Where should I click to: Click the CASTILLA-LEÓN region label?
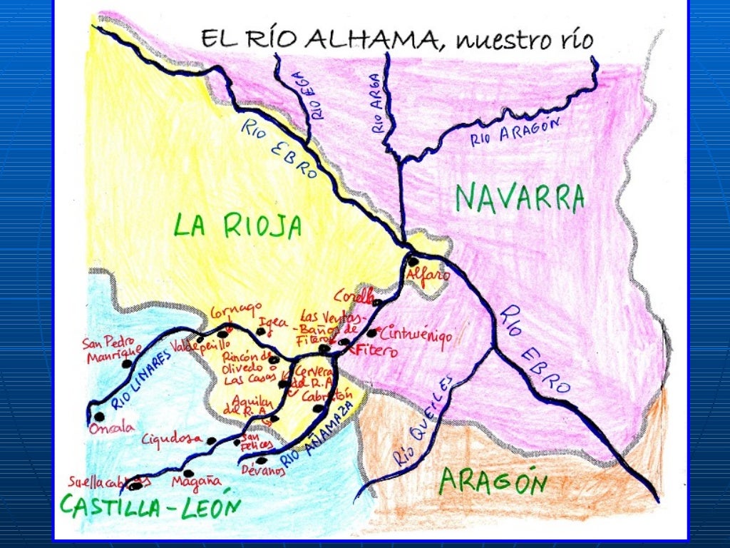(x=150, y=506)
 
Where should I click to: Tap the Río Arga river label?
(x=376, y=103)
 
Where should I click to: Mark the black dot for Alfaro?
(x=413, y=261)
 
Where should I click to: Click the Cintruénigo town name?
(x=416, y=336)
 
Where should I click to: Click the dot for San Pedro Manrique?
(x=127, y=363)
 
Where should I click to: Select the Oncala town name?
(x=111, y=429)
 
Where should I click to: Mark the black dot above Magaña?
(x=188, y=472)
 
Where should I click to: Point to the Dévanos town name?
(x=263, y=470)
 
